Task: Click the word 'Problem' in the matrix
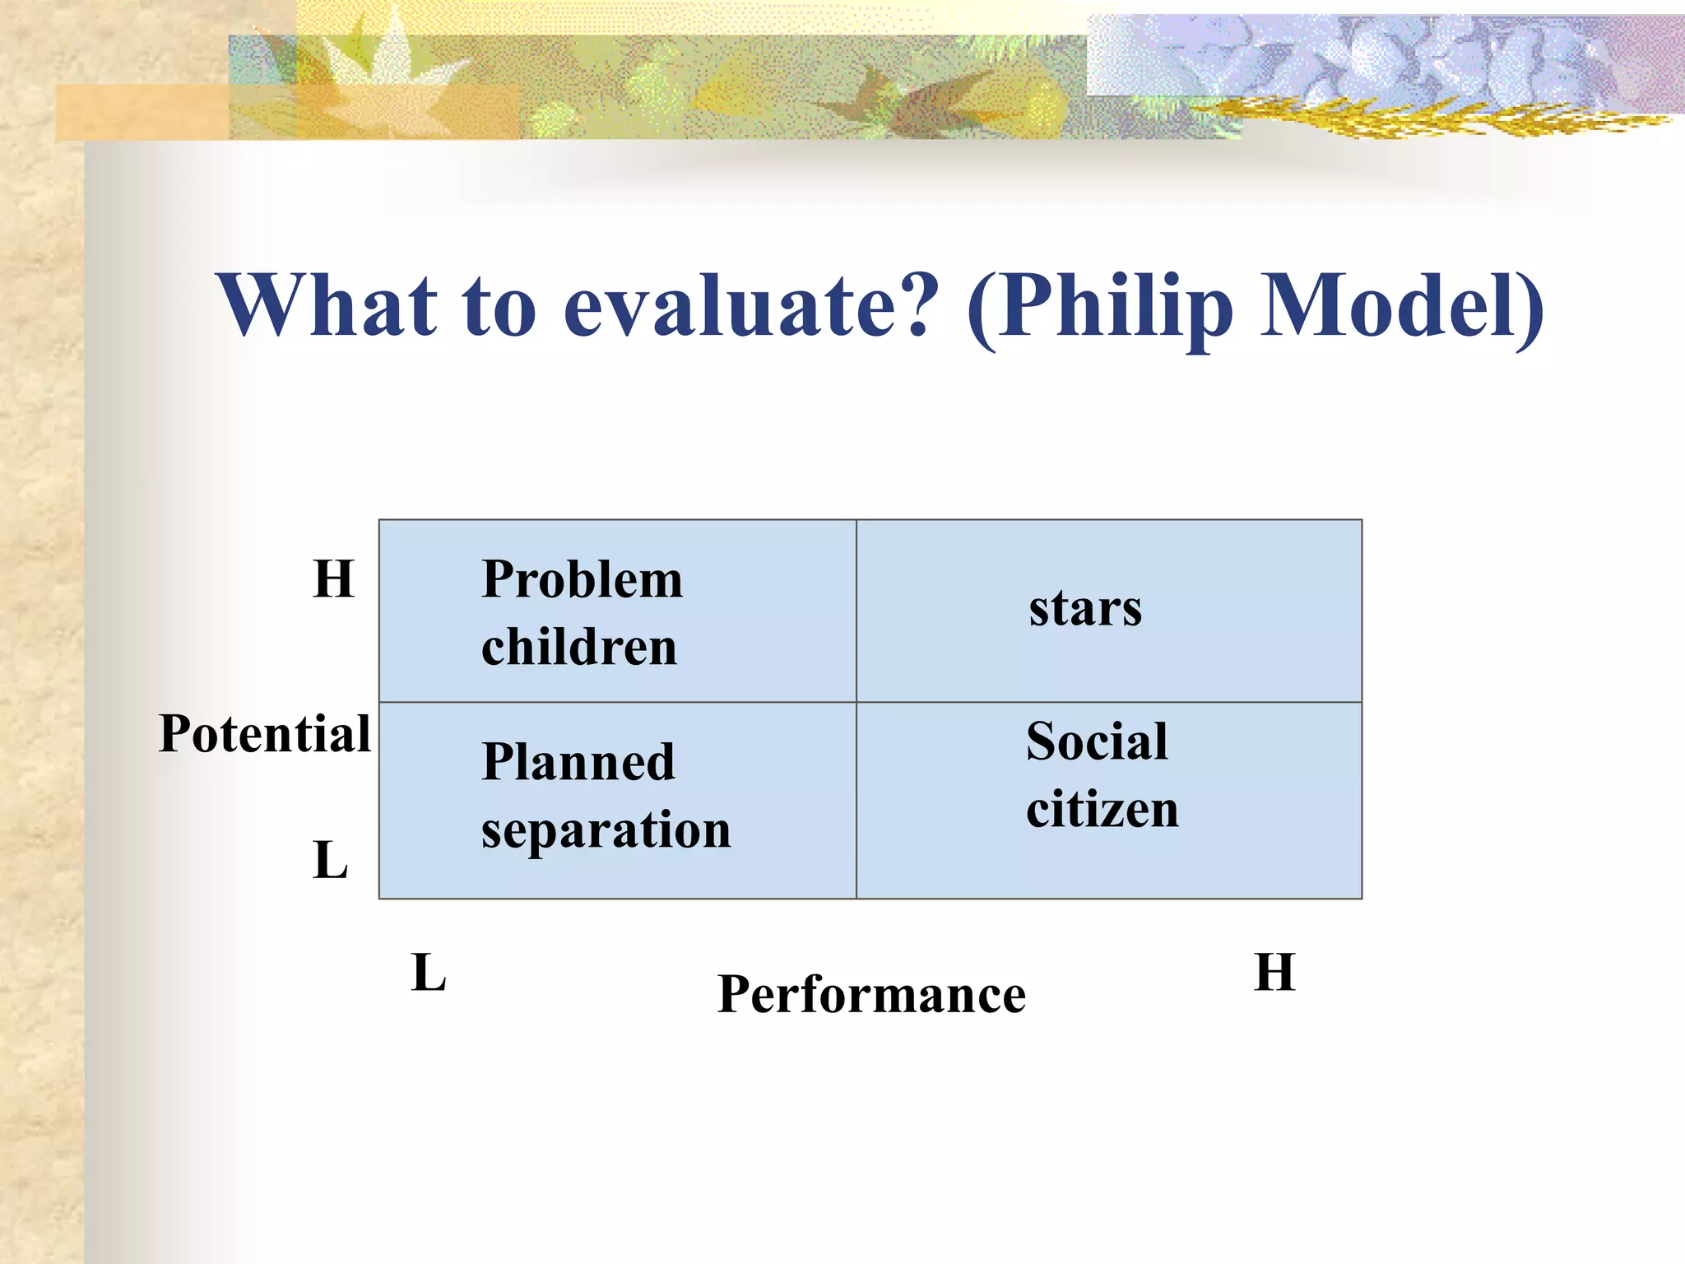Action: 582,579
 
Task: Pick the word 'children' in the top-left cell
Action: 578,647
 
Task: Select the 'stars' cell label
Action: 1084,609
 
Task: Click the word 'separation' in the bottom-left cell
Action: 606,829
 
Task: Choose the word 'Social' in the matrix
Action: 1096,741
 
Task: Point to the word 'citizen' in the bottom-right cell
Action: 1102,809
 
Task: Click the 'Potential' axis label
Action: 265,733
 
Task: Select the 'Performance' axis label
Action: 871,994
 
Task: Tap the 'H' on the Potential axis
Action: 333,579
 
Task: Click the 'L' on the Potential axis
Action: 331,861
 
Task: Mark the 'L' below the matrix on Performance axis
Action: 428,973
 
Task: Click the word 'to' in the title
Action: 499,306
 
